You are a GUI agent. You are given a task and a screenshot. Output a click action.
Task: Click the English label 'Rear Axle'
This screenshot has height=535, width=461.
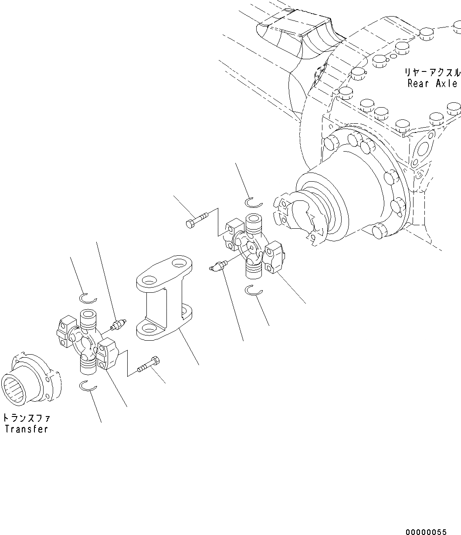(432, 84)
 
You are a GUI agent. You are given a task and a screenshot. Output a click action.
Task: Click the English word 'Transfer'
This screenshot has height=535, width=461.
(26, 429)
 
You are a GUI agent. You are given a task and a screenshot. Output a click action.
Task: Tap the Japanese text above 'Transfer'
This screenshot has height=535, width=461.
(26, 418)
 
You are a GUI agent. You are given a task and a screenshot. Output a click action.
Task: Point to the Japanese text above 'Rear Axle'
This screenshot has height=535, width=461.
(431, 72)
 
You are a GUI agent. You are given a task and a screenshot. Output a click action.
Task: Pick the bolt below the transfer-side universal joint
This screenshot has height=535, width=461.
(149, 364)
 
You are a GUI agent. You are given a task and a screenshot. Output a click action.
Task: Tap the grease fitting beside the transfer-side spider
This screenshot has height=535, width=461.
(119, 324)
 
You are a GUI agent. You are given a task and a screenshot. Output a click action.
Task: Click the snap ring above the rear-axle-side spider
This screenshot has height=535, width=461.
(253, 202)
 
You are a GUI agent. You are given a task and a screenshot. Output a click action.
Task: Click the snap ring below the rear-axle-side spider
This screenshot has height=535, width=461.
(253, 290)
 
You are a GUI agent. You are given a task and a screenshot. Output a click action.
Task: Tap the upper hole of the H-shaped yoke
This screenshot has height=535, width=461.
(178, 264)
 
